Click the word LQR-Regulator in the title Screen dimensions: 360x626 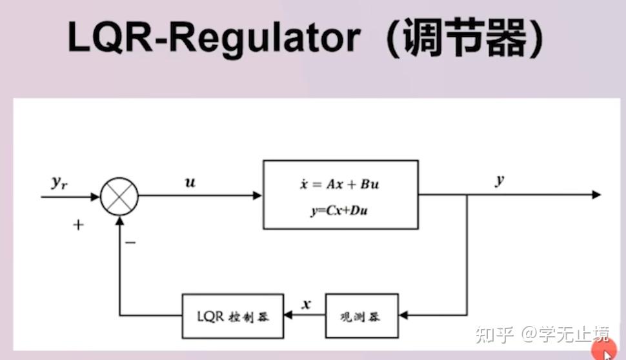(214, 38)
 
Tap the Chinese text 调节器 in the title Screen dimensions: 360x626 (467, 38)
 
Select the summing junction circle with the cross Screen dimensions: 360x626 (119, 195)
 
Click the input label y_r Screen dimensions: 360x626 (59, 183)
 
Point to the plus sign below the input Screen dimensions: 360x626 (79, 226)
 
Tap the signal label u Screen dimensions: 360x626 (190, 183)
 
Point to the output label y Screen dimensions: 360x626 (499, 181)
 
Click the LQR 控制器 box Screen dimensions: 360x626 (233, 316)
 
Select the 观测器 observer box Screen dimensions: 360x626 (361, 316)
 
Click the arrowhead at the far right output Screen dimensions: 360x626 (596, 195)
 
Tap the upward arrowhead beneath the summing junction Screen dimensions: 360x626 (119, 219)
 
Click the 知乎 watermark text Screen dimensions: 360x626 (494, 334)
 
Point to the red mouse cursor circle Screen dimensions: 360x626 (605, 350)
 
